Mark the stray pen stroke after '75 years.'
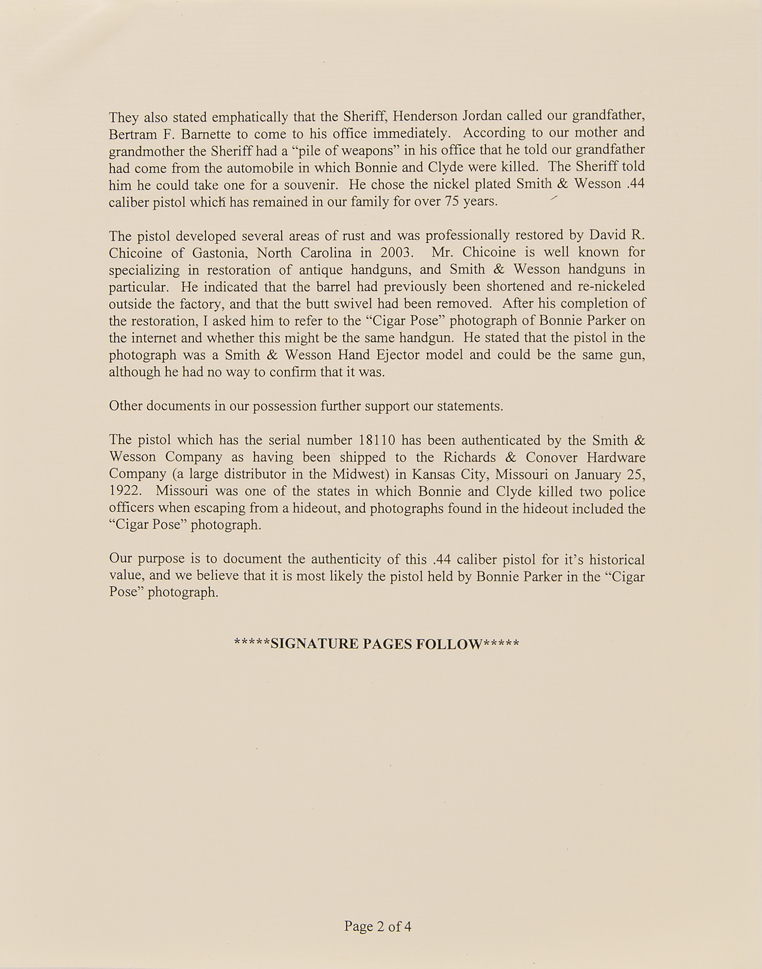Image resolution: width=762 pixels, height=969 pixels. (554, 197)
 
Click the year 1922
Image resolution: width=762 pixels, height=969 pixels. (125, 491)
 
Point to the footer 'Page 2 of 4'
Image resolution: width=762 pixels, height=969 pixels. (378, 926)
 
